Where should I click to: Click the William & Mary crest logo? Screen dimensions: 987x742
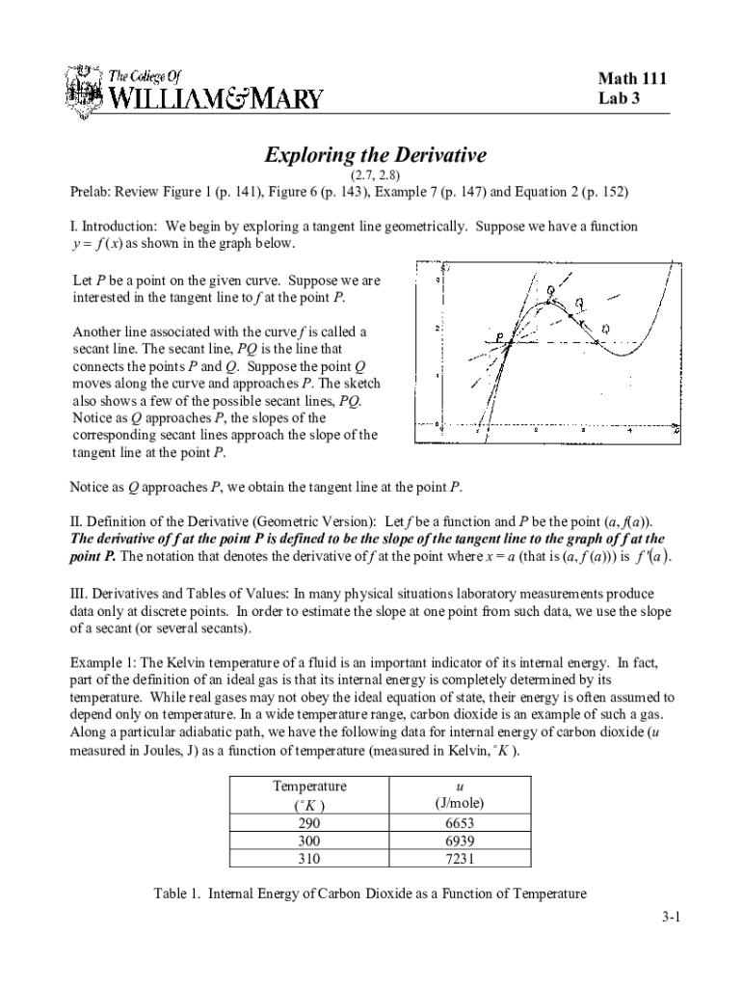[x=82, y=91]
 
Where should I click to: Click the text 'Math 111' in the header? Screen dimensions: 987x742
[x=632, y=79]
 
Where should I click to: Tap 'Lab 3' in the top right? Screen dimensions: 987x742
[x=620, y=99]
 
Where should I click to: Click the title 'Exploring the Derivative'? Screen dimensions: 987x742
[x=376, y=155]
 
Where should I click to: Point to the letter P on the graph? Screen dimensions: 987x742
[x=499, y=336]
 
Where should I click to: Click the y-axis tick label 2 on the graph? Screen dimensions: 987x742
[x=437, y=329]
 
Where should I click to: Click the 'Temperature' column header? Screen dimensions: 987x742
[x=309, y=787]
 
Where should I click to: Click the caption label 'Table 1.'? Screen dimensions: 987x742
[x=177, y=894]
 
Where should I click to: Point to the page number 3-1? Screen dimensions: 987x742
[x=671, y=918]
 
